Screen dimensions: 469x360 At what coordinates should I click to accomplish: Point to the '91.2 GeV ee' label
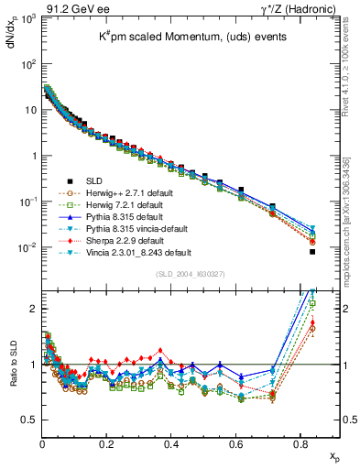[x=67, y=10]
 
